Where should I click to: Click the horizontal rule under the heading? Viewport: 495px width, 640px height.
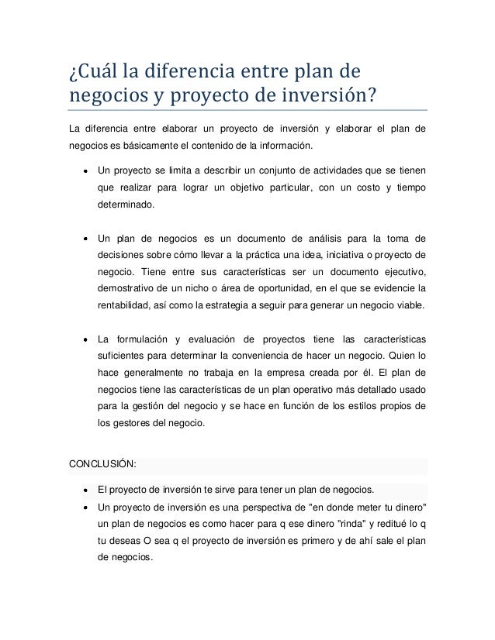click(x=247, y=111)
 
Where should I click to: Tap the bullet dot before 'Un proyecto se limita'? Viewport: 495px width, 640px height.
click(x=82, y=170)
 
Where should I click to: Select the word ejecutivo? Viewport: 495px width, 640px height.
click(x=394, y=272)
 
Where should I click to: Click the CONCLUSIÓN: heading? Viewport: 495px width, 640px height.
click(x=103, y=464)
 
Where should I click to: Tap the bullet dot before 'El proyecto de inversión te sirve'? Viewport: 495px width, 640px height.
click(x=82, y=490)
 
